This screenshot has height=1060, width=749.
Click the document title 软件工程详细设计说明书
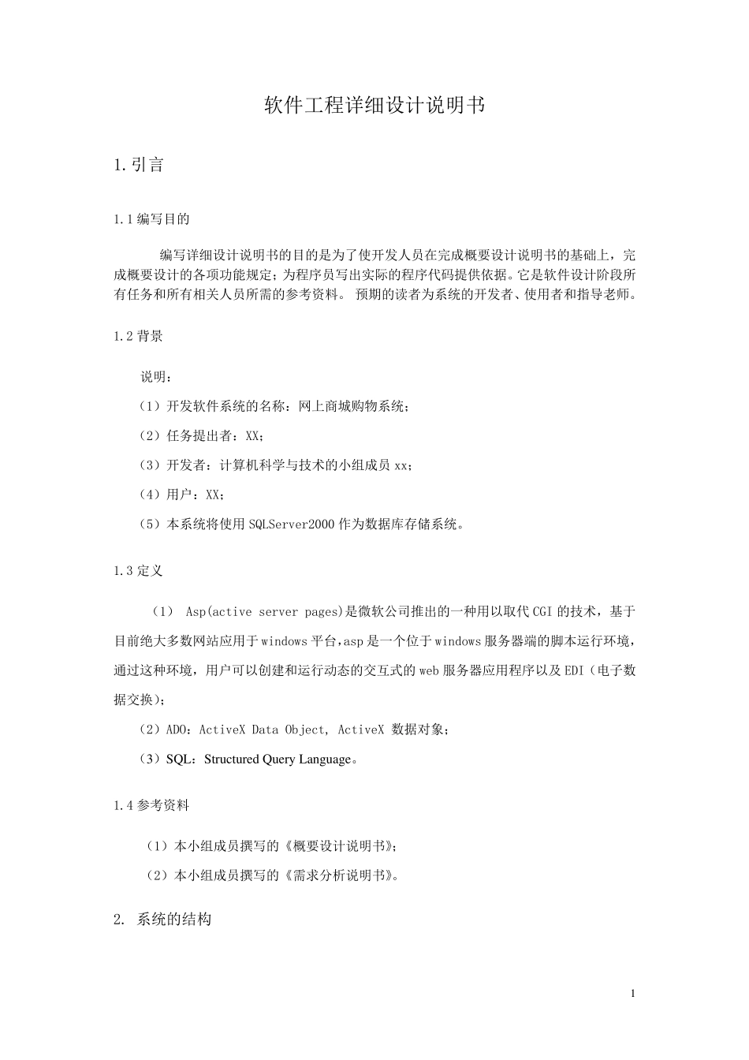click(x=374, y=106)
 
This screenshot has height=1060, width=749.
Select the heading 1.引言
click(x=139, y=165)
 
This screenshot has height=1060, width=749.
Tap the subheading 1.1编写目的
click(x=151, y=218)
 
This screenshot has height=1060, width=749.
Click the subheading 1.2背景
click(x=139, y=336)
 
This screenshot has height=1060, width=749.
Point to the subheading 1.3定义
click(x=139, y=571)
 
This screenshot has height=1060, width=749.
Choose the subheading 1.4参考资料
click(x=151, y=806)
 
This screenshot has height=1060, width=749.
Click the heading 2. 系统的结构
click(x=162, y=919)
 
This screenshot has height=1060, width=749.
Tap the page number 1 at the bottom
click(x=632, y=993)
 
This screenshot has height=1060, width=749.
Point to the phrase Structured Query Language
click(x=277, y=760)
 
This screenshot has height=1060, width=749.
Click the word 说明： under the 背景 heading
click(x=154, y=377)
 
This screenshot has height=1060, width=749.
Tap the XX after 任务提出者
click(x=252, y=435)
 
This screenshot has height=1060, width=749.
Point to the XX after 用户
click(x=213, y=495)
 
